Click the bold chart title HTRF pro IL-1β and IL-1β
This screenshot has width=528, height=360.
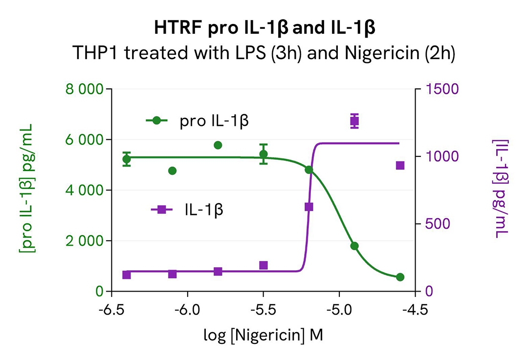click(264, 29)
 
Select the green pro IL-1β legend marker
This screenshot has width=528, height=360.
click(156, 121)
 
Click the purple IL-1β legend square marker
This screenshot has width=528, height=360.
click(162, 210)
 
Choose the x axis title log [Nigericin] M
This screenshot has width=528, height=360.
click(264, 335)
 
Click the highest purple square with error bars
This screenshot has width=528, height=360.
click(354, 121)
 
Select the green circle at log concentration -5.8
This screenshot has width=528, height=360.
click(218, 145)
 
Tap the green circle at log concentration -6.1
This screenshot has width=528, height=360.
click(172, 170)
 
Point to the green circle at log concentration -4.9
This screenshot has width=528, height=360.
click(354, 246)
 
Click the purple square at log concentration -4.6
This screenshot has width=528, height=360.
click(400, 166)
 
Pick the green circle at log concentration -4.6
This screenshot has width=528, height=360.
click(400, 277)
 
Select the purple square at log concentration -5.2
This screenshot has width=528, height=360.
click(309, 207)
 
